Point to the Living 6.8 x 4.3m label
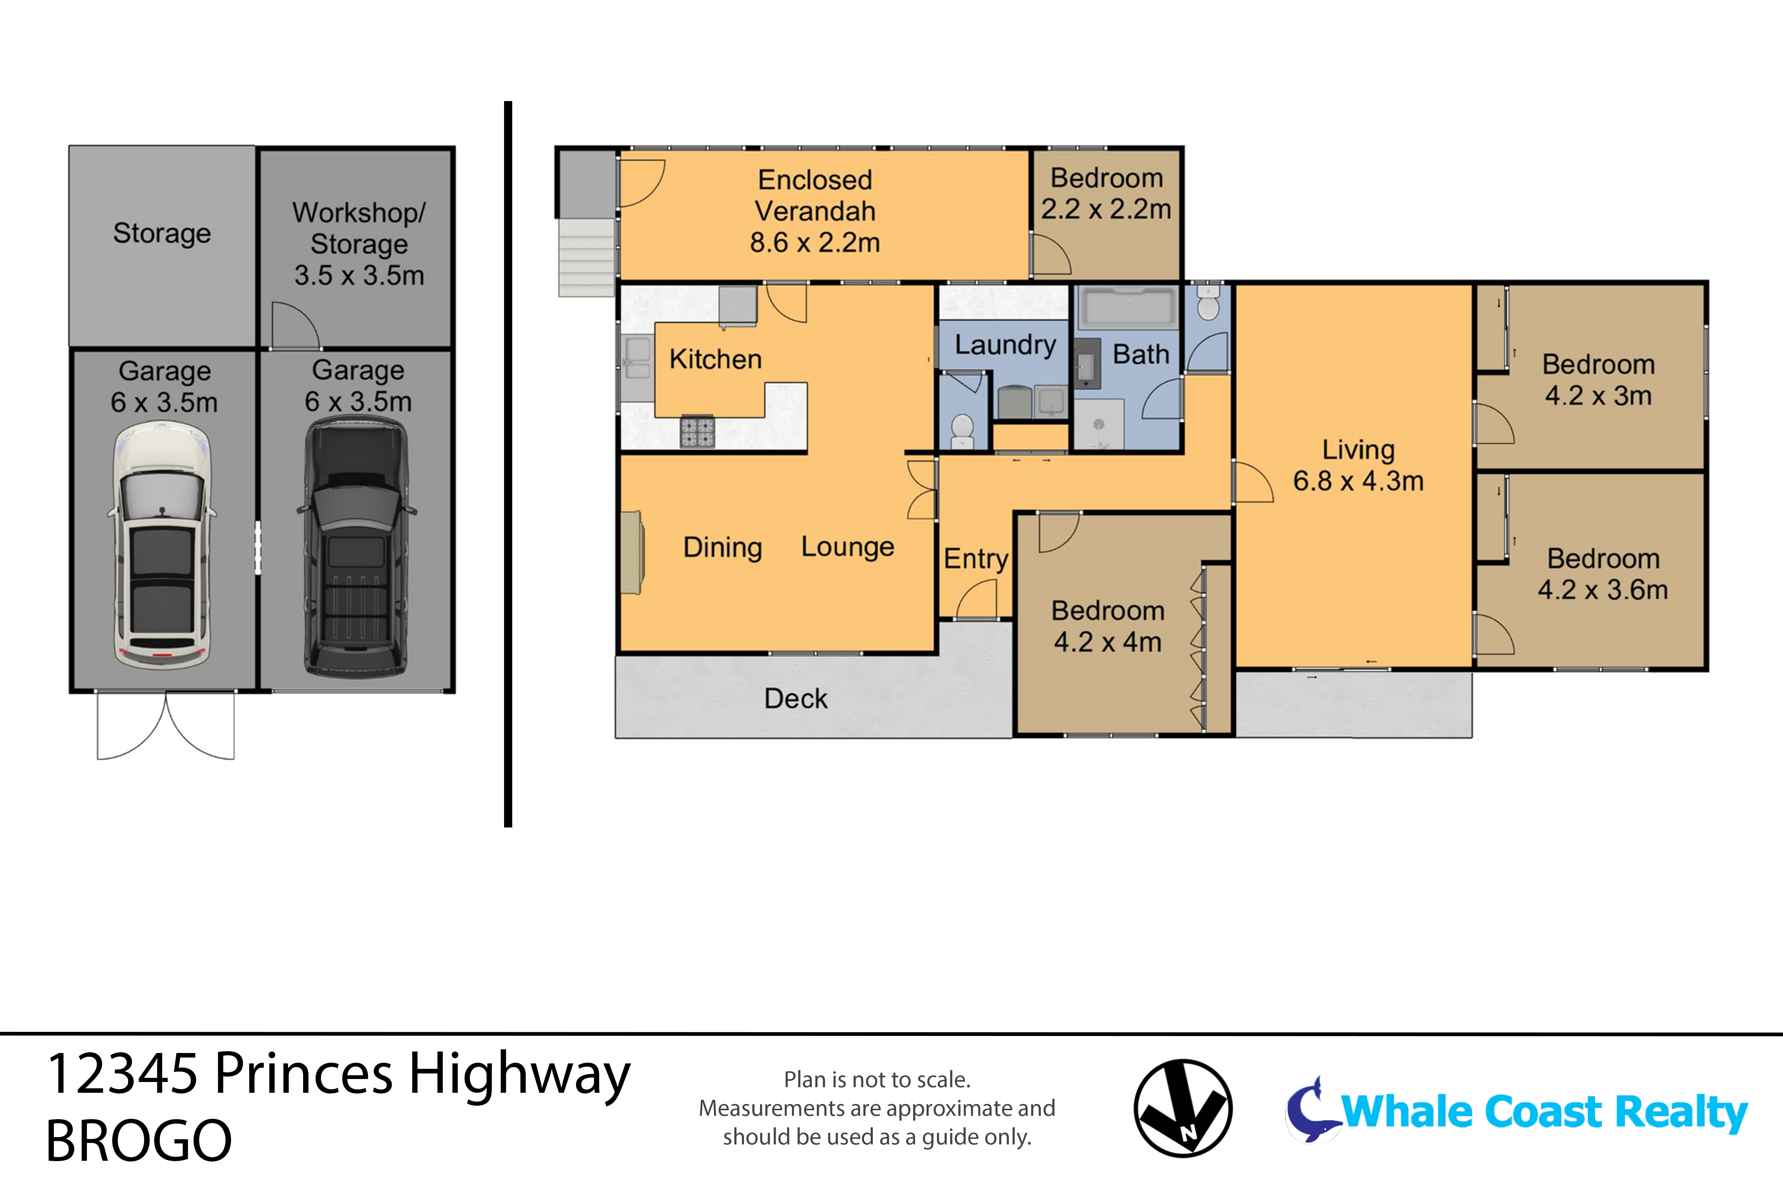[x=1358, y=465]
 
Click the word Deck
[x=795, y=699]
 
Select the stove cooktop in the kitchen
[x=697, y=432]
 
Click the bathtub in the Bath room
[x=1128, y=308]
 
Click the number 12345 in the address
[x=123, y=1075]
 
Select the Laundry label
[x=1004, y=345]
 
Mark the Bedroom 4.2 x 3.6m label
[x=1602, y=574]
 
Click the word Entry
[x=976, y=559]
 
